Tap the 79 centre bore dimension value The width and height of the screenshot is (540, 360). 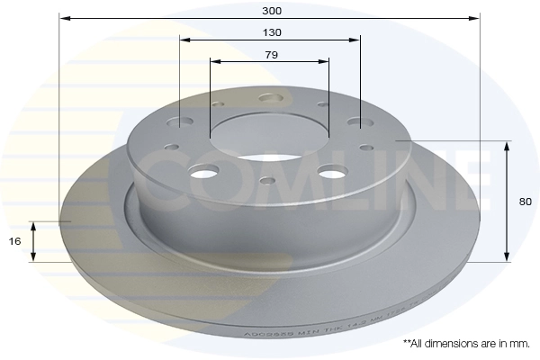pyautogui.click(x=271, y=55)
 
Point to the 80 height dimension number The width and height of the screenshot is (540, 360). pyautogui.click(x=526, y=202)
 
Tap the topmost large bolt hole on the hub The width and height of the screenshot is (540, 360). pyautogui.click(x=269, y=100)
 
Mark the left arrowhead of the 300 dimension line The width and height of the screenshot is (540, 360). pyautogui.click(x=64, y=17)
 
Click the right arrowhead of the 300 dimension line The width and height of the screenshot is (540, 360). pyautogui.click(x=476, y=17)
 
